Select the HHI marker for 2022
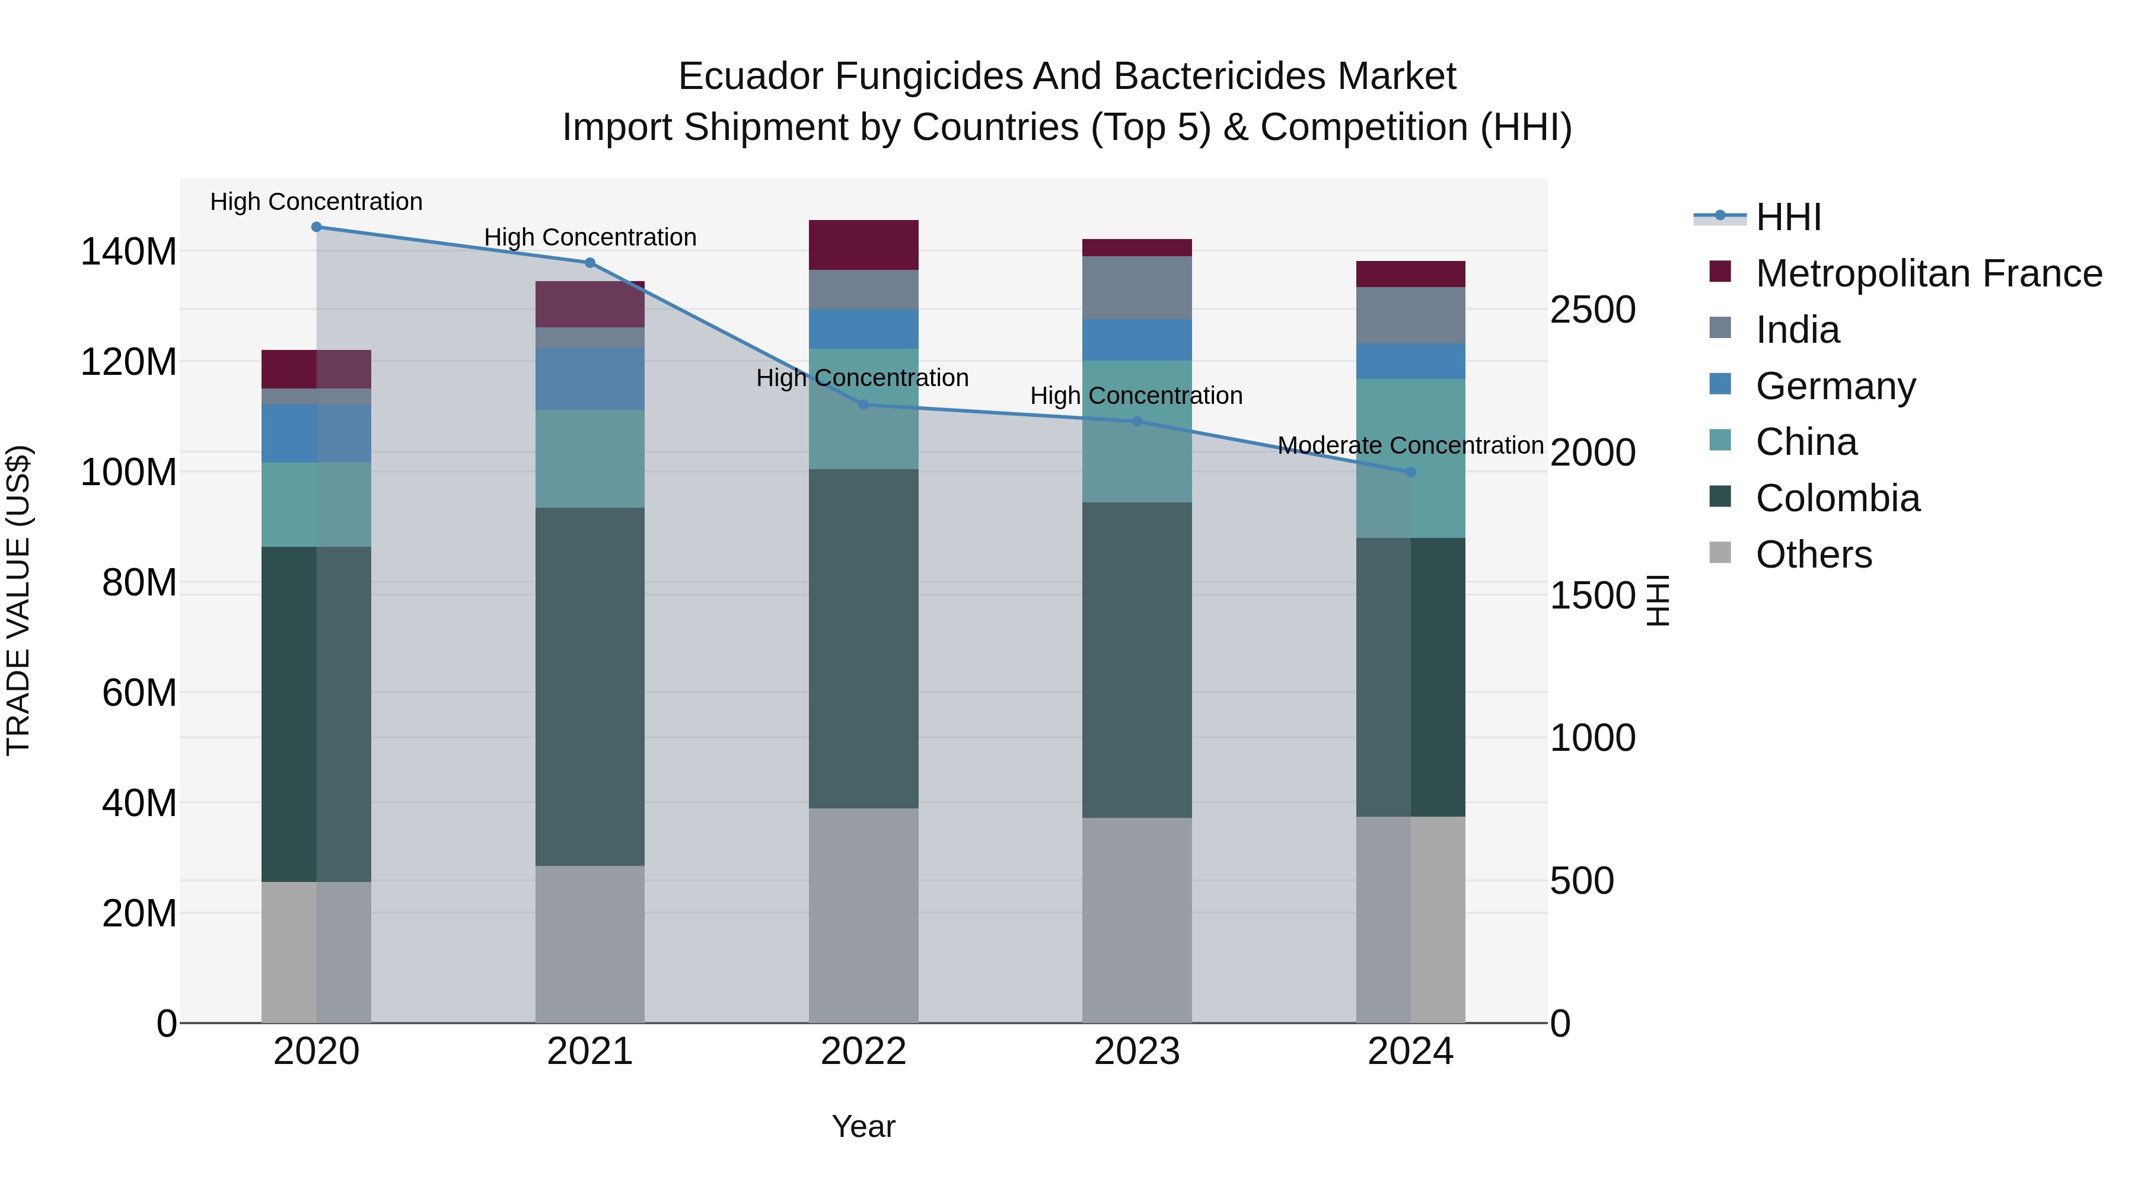[x=863, y=405]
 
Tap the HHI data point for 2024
[x=1411, y=473]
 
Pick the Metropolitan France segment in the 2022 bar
[x=863, y=246]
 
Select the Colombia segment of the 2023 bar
[x=1137, y=660]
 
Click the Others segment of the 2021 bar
[x=590, y=944]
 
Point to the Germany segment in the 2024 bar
[x=1411, y=361]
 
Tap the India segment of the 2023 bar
[x=1137, y=288]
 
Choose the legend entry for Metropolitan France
[x=1929, y=273]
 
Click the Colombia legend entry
[x=1837, y=498]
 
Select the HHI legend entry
[x=1789, y=217]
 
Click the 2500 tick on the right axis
[x=1592, y=310]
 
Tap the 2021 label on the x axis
[x=590, y=1052]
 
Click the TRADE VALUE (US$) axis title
[x=19, y=600]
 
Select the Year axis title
[x=863, y=1126]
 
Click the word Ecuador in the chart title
[x=750, y=77]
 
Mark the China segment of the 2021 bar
[x=590, y=458]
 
